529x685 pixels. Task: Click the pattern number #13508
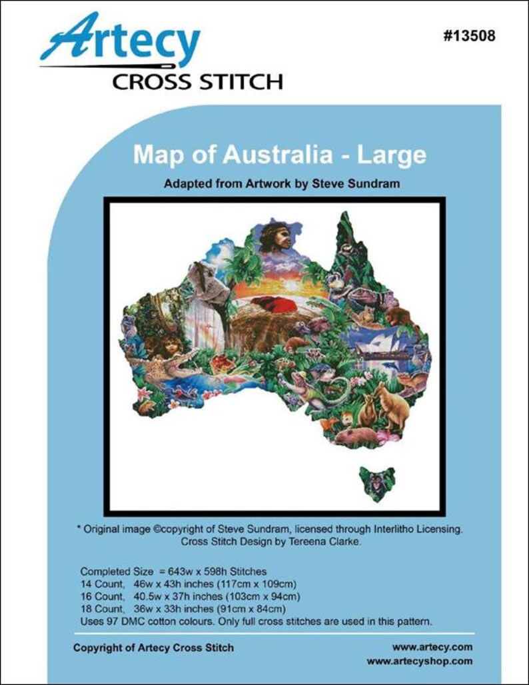[468, 36]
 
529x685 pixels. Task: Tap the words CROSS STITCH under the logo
[197, 82]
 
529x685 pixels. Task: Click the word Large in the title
[392, 155]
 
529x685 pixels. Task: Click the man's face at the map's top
[276, 237]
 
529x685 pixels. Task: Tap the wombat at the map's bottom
[356, 436]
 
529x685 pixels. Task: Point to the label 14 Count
[102, 584]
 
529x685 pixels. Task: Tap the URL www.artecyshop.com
[419, 661]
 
